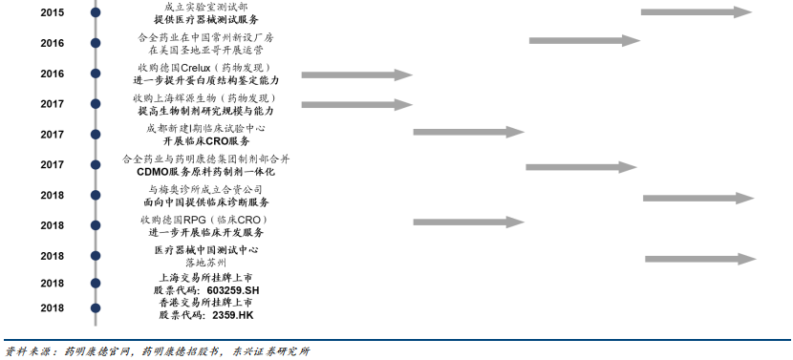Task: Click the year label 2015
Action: (x=52, y=12)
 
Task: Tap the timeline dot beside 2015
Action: (x=96, y=12)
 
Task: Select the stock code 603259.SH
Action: (x=232, y=289)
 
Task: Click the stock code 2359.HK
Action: (x=232, y=314)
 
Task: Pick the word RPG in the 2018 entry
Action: (x=203, y=220)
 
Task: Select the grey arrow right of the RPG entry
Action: (x=470, y=222)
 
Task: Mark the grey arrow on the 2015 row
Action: (x=697, y=12)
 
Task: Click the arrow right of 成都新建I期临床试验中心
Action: (x=469, y=133)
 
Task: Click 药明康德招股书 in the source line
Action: (x=177, y=350)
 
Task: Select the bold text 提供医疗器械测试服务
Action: (x=206, y=19)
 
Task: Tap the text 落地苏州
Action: (x=206, y=262)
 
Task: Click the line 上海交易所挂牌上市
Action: (x=206, y=277)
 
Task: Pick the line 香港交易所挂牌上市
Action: (x=206, y=302)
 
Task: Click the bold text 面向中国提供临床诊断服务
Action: (x=206, y=202)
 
